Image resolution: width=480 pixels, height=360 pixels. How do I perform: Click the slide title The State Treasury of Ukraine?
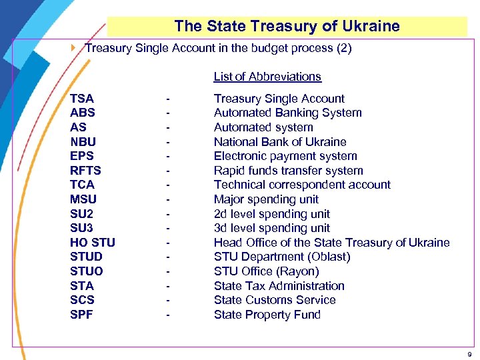[x=287, y=27]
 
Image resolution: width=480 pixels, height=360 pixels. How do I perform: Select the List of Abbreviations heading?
[x=267, y=77]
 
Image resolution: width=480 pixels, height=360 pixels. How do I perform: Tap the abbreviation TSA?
[x=82, y=99]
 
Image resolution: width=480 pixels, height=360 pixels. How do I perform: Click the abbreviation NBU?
[x=83, y=142]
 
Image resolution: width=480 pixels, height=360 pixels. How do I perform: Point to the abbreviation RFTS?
[x=85, y=171]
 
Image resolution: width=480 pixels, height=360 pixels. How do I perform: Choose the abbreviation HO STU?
[x=92, y=243]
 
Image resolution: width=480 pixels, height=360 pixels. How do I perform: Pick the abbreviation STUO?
[x=87, y=271]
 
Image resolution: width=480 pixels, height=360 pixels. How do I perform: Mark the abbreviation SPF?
[x=82, y=315]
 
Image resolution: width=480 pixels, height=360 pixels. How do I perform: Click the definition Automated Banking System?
[x=287, y=113]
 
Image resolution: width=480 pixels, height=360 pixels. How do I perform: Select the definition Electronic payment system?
[x=285, y=156]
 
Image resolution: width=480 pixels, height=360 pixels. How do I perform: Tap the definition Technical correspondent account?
[x=302, y=185]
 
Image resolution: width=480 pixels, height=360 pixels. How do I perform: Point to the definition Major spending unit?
[x=266, y=199]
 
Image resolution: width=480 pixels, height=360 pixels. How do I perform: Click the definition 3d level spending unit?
[x=271, y=228]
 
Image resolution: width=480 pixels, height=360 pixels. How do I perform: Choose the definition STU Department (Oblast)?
[x=282, y=257]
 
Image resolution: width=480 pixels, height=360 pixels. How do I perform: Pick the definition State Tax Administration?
[x=279, y=286]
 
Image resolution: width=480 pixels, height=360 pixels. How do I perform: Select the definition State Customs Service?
[x=274, y=300]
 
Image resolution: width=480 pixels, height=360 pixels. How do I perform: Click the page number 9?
[x=469, y=354]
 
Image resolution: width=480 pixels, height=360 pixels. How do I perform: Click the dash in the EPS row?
[x=168, y=157]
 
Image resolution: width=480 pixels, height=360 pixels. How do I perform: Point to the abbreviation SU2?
[x=82, y=214]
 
